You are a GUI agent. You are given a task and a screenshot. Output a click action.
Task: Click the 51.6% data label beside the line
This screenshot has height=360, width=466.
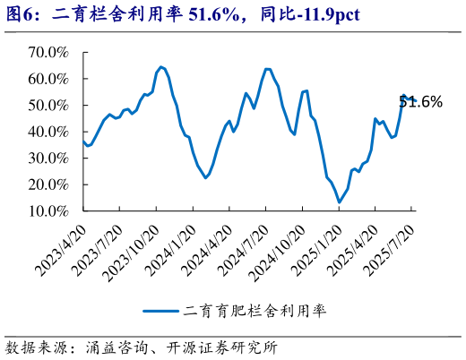[x=421, y=102]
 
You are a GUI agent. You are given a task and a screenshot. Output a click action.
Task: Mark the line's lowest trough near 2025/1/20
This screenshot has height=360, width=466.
[x=339, y=201]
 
